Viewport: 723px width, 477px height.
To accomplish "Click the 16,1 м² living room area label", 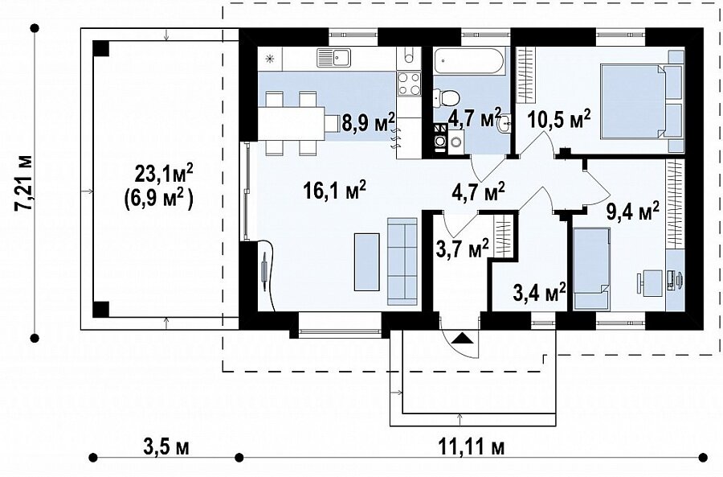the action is pyautogui.click(x=335, y=191).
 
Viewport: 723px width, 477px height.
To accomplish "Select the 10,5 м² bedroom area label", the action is pyautogui.click(x=559, y=121).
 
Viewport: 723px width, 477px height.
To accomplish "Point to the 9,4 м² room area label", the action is pyautogui.click(x=631, y=213).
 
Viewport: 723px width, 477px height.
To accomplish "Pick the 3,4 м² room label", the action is pyautogui.click(x=540, y=292).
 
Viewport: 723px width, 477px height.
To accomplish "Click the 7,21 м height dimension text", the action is pyautogui.click(x=24, y=183).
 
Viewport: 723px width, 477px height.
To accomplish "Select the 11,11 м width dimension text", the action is pyautogui.click(x=471, y=447).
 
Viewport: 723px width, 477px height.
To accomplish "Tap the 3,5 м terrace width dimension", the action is pyautogui.click(x=166, y=447).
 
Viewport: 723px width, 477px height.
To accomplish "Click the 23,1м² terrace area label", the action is pyautogui.click(x=164, y=175).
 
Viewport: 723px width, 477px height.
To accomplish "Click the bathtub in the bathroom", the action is pyautogui.click(x=469, y=60).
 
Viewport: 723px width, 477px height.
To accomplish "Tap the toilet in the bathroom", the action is pyautogui.click(x=447, y=98).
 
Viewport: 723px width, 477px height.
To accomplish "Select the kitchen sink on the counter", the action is pyautogui.click(x=334, y=58).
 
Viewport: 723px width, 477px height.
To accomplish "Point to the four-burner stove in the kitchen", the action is pyautogui.click(x=409, y=84).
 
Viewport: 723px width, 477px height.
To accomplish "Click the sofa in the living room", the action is pyautogui.click(x=402, y=261).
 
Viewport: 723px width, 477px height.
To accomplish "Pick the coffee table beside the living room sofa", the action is pyautogui.click(x=366, y=261).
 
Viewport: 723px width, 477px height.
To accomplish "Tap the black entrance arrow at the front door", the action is pyautogui.click(x=462, y=339).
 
